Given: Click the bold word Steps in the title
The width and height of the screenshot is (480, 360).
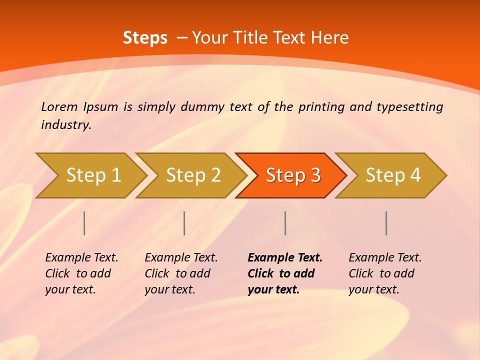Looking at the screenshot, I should point(145,38).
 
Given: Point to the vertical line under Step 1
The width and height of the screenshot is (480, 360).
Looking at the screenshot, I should point(84,223).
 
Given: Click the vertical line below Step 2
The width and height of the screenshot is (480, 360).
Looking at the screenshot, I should point(184,223).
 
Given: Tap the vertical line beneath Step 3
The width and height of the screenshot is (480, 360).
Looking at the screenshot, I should point(285,223).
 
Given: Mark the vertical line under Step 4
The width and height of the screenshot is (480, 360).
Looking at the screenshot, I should point(386,223).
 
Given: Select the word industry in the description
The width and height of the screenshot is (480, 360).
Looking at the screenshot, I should point(65,125).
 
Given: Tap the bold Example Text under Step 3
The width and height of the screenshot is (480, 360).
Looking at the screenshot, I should point(285,258).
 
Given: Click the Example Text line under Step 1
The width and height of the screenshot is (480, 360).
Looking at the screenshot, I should point(81,258).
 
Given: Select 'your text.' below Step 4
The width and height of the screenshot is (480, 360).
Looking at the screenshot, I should point(373,289).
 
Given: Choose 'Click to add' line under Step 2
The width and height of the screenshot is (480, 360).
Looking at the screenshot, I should point(177,273).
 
